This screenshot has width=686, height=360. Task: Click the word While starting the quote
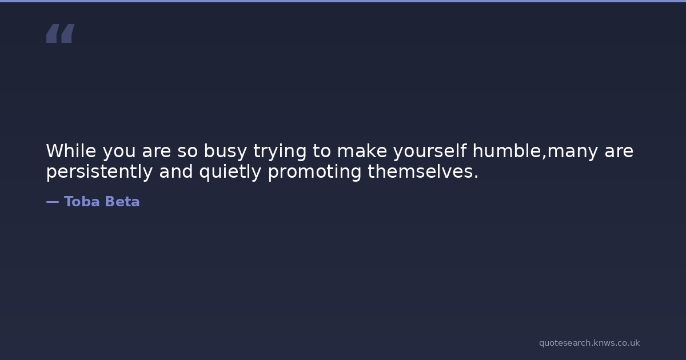[71, 151]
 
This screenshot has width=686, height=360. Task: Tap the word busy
[225, 152]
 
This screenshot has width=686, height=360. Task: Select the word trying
[280, 152]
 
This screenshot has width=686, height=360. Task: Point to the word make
[362, 151]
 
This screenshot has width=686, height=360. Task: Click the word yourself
[430, 152]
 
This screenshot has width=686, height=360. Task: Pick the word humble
[507, 151]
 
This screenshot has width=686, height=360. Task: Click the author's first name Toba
[82, 201]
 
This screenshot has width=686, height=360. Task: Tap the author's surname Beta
[122, 201]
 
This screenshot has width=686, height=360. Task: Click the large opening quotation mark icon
[61, 33]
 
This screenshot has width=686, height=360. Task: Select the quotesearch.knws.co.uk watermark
[589, 343]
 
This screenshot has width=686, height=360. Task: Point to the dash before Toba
[53, 202]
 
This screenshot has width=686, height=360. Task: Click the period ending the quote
[476, 177]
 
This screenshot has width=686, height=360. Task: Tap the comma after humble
[544, 157]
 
